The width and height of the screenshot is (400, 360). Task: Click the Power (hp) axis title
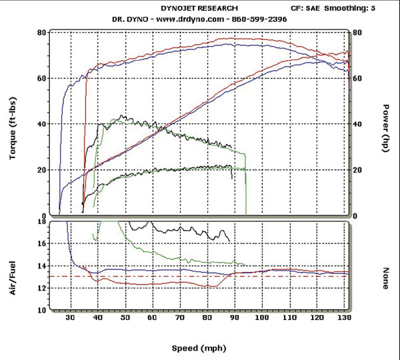pyautogui.click(x=386, y=128)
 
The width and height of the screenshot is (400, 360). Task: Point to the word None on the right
pyautogui.click(x=386, y=278)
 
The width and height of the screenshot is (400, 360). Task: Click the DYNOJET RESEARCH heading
pyautogui.click(x=199, y=8)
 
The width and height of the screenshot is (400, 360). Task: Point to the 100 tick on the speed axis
pyautogui.click(x=265, y=319)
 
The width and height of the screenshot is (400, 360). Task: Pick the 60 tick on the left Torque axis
pyautogui.click(x=42, y=79)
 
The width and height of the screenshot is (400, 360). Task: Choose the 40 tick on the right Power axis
pyautogui.click(x=358, y=125)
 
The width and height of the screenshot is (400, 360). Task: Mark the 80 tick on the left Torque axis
pyautogui.click(x=42, y=33)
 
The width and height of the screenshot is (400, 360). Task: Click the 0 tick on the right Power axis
pyautogui.click(x=356, y=216)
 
